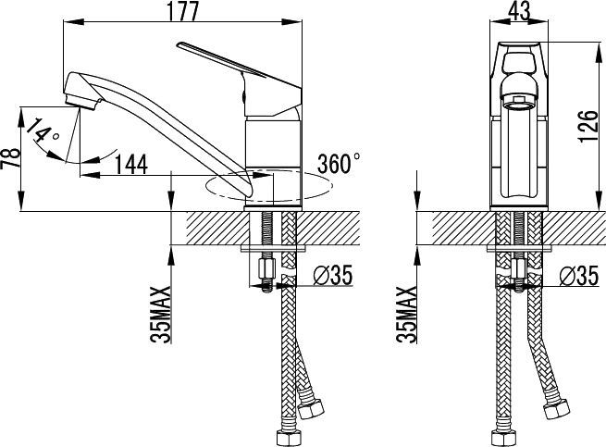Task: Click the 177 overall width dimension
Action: (182, 12)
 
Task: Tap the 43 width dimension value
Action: (519, 11)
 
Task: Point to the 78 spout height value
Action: (11, 157)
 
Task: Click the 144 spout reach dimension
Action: (131, 165)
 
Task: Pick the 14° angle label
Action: (43, 131)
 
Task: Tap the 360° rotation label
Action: (339, 163)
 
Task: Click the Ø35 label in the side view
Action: (333, 276)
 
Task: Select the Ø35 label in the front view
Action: (578, 276)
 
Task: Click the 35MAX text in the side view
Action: (161, 315)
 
